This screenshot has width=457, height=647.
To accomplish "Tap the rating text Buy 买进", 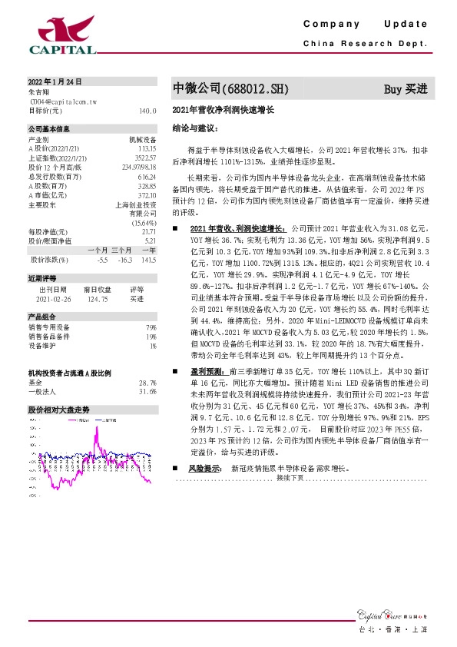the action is coord(405,89).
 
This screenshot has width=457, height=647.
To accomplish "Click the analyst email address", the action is coord(63,101).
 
